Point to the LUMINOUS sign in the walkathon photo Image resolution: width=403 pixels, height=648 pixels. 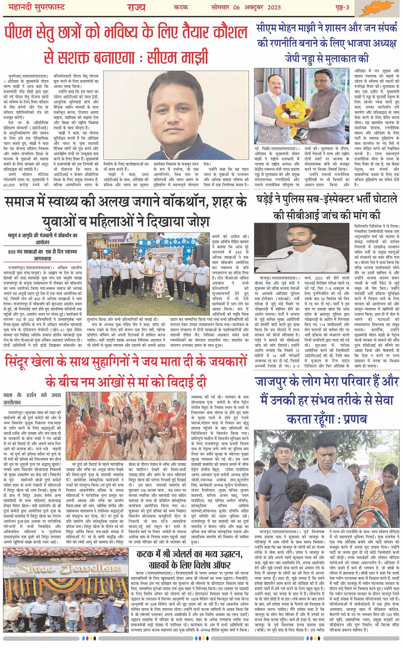(116, 238)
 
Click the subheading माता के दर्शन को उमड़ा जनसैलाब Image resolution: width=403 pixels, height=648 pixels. (32, 398)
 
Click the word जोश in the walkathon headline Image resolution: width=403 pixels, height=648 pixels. (196, 222)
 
